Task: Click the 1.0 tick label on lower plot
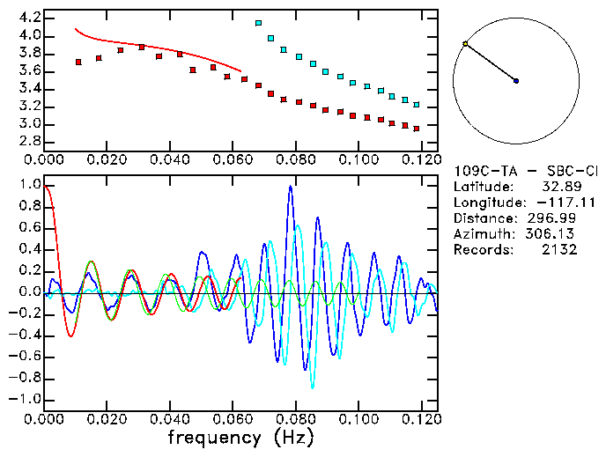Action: click(28, 186)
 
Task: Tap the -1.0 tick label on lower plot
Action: click(25, 399)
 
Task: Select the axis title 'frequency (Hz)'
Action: click(240, 438)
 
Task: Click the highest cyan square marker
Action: click(258, 24)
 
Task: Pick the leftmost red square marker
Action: click(78, 62)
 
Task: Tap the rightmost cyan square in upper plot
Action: click(417, 105)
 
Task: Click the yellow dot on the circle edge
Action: click(465, 43)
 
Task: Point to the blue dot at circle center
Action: click(516, 81)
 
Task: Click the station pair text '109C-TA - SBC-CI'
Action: click(525, 170)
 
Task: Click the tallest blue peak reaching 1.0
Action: click(290, 187)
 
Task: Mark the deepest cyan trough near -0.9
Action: click(312, 387)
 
